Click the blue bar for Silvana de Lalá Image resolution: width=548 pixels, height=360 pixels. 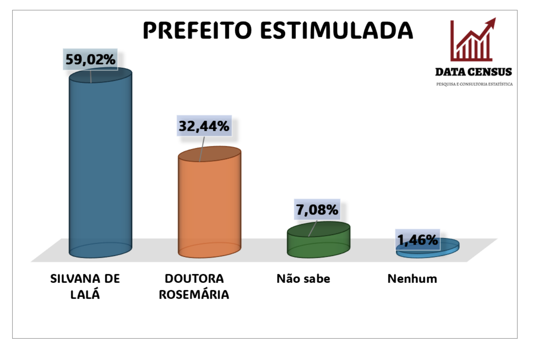click(100, 163)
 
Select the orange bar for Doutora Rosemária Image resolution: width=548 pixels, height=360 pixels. click(209, 205)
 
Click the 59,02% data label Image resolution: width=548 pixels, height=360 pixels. click(90, 59)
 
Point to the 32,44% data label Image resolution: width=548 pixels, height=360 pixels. click(204, 126)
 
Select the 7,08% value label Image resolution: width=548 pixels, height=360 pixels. click(317, 209)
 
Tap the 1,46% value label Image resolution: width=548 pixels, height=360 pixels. click(417, 240)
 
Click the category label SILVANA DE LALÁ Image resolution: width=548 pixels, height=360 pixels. click(85, 286)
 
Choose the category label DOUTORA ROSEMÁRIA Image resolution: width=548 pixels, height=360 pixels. click(194, 286)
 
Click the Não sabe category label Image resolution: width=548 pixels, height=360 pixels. click(303, 279)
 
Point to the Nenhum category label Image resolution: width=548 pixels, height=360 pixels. click(412, 279)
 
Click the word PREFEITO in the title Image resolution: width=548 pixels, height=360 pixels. click(197, 30)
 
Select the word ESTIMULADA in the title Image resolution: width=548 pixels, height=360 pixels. click(337, 30)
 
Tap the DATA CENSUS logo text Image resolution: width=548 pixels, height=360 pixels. click(474, 72)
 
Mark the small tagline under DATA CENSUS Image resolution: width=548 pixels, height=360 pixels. click(474, 84)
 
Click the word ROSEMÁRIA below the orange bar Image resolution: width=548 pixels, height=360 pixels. click(194, 294)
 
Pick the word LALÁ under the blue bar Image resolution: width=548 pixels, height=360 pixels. click(85, 294)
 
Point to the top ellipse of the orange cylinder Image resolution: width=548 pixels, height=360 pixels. click(209, 154)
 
